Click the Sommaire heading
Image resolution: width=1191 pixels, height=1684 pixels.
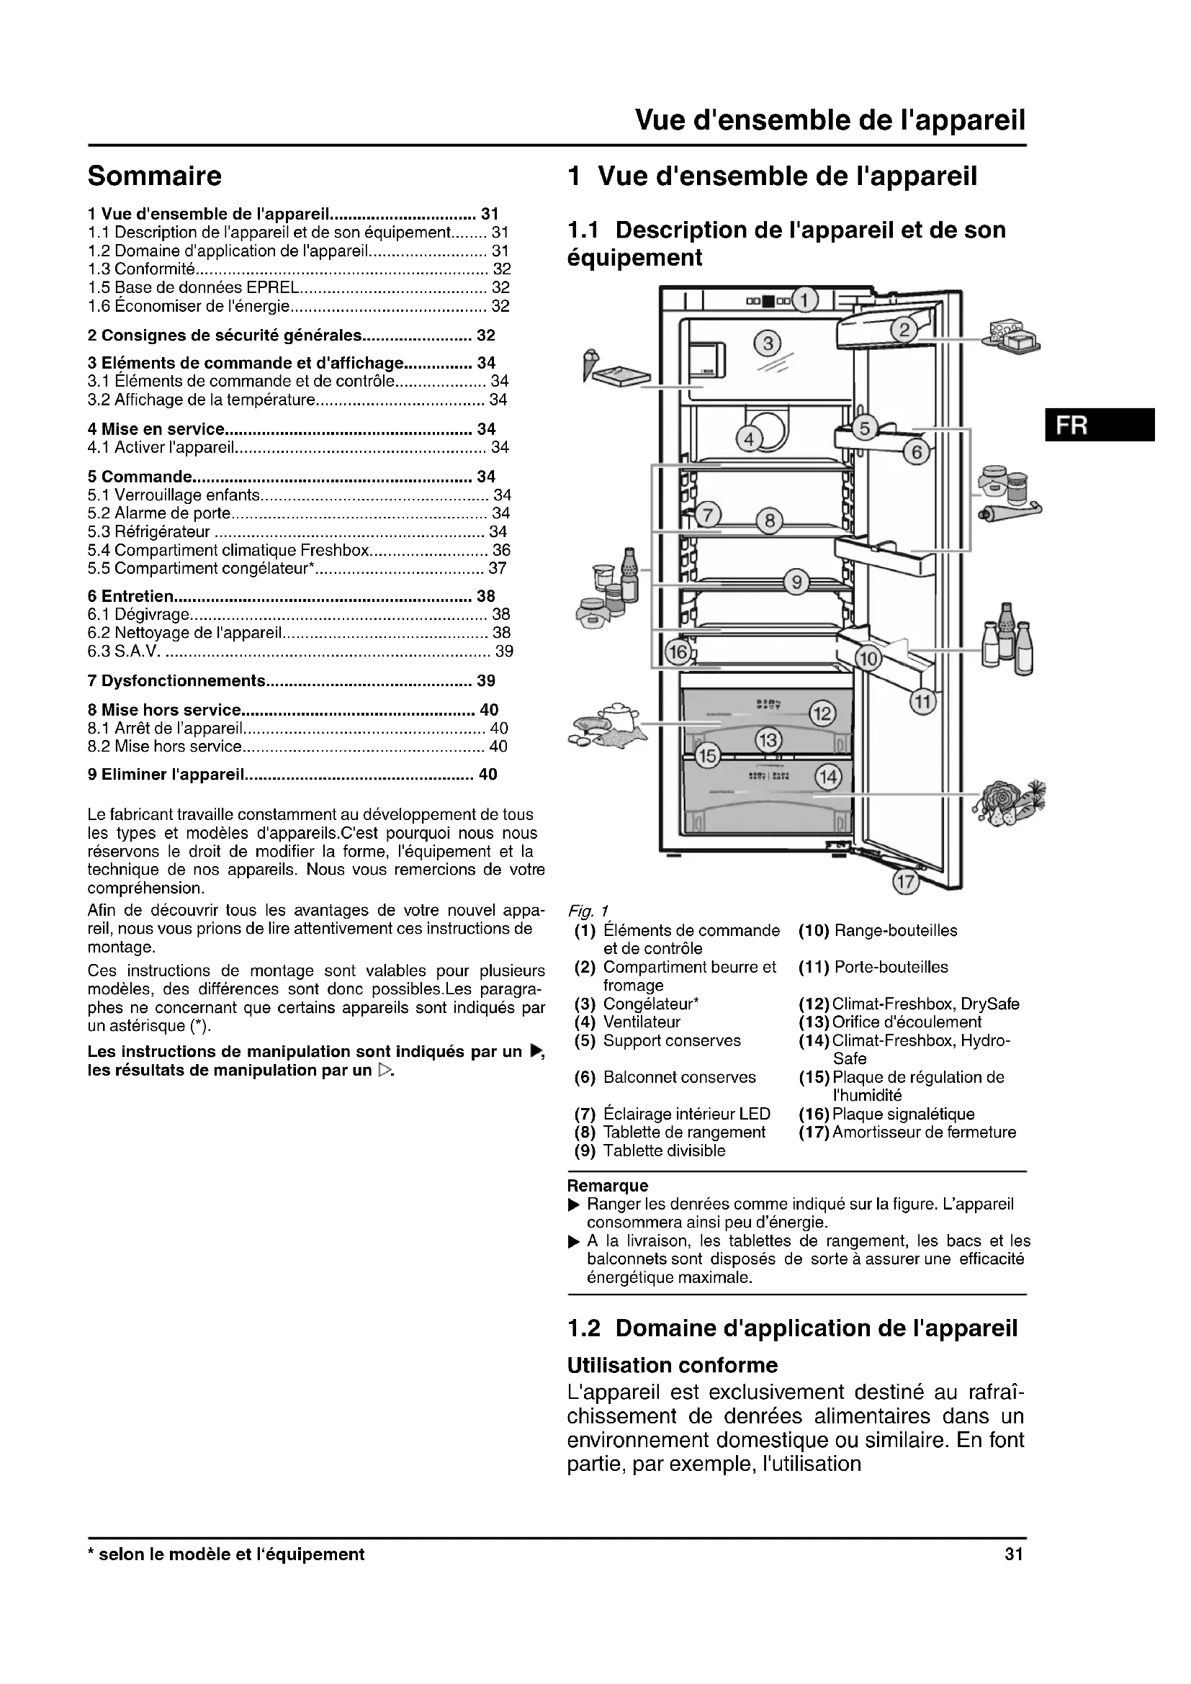click(x=154, y=176)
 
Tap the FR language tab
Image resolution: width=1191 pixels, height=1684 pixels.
click(x=1100, y=425)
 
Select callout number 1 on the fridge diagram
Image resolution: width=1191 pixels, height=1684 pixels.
click(x=804, y=300)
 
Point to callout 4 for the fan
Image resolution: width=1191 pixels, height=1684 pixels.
click(x=749, y=439)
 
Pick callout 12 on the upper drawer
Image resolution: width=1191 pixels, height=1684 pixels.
click(x=822, y=713)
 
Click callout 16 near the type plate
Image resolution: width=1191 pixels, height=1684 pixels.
click(x=678, y=652)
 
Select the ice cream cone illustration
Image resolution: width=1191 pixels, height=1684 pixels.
click(x=590, y=364)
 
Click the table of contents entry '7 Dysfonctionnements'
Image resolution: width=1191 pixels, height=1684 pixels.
click(x=176, y=680)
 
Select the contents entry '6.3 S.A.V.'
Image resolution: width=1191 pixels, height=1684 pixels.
click(x=124, y=652)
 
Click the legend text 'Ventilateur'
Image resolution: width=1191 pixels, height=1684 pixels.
click(x=642, y=1022)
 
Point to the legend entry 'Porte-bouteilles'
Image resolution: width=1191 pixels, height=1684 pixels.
click(x=891, y=967)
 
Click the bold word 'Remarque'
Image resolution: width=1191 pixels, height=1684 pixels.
click(x=608, y=1186)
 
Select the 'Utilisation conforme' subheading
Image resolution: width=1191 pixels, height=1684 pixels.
click(x=672, y=1366)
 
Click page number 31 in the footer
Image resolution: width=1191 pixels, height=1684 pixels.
click(x=1014, y=1554)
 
